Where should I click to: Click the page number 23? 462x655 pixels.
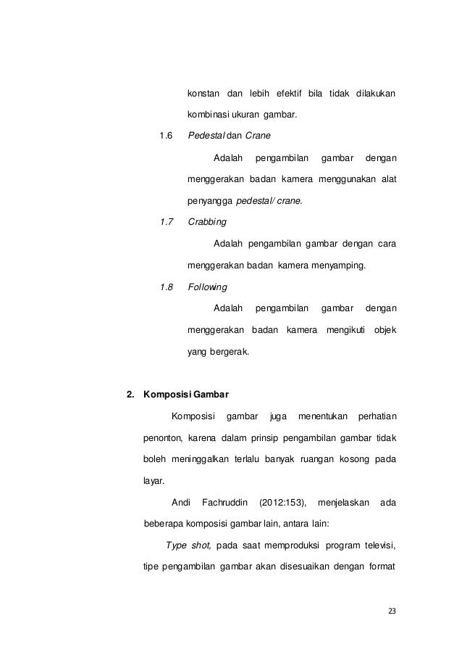point(392,611)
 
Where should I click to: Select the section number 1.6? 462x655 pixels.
point(166,136)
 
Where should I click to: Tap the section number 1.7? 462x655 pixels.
point(166,221)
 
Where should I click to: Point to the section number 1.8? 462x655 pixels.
point(166,287)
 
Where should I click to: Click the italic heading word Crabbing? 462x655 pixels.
point(206,221)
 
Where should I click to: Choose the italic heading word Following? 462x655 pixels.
point(207,287)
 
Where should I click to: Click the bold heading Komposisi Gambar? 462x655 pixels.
point(186,395)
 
